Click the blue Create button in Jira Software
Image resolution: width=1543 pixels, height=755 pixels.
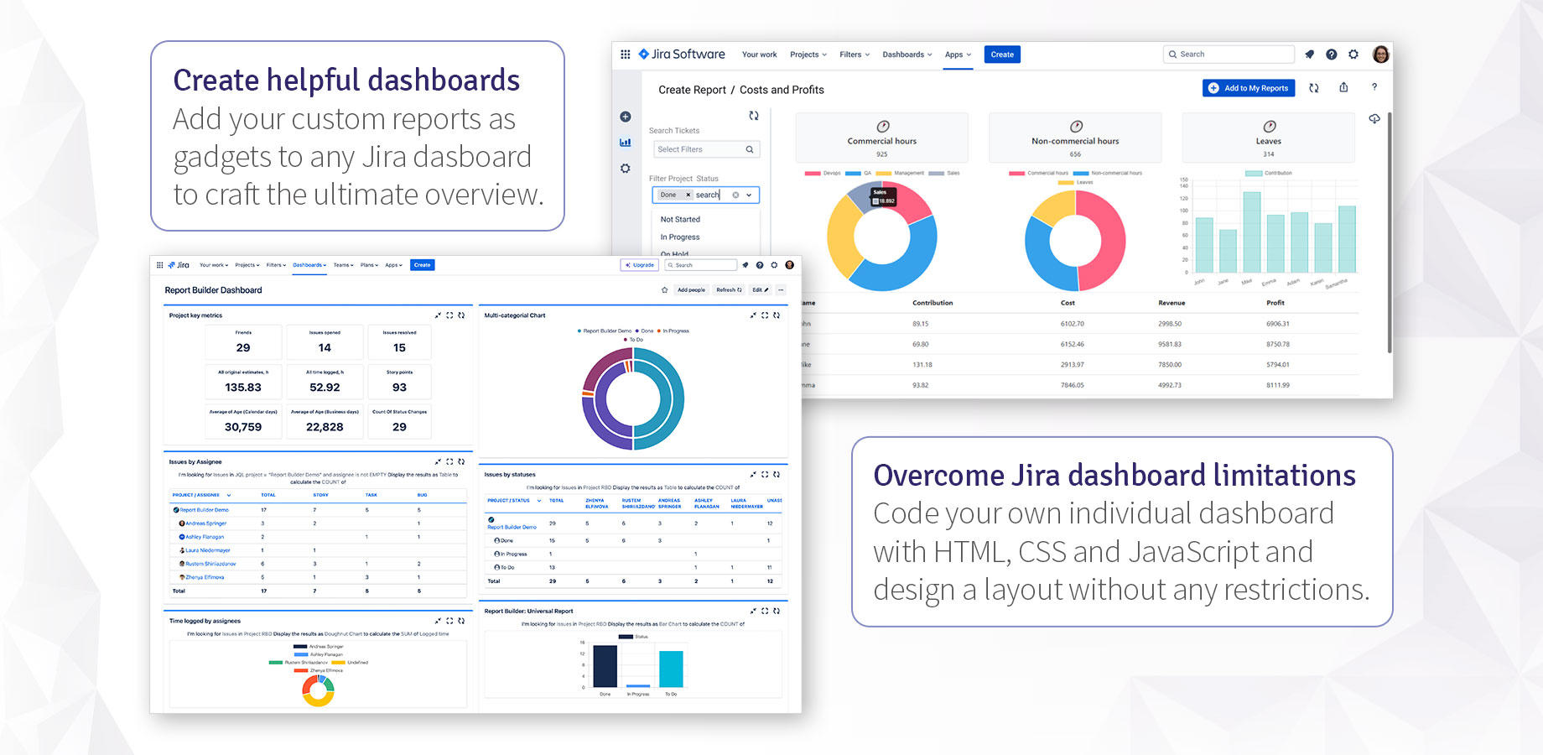click(x=1002, y=55)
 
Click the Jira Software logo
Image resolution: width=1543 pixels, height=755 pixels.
click(x=682, y=55)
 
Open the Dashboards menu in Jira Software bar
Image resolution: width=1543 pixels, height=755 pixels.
click(x=907, y=55)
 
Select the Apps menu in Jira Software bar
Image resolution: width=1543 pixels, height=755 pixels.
click(x=958, y=55)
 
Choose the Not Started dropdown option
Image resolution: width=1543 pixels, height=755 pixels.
click(x=680, y=220)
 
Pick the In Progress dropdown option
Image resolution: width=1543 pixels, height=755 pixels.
click(x=680, y=237)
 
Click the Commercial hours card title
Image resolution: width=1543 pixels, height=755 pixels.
click(x=881, y=141)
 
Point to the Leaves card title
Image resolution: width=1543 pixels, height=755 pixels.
click(x=1268, y=141)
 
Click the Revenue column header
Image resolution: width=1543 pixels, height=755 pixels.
click(x=1172, y=303)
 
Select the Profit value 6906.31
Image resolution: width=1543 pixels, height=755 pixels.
click(x=1277, y=324)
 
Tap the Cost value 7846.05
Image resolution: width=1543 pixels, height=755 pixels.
click(x=1072, y=385)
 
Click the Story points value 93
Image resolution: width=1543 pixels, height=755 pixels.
click(x=399, y=388)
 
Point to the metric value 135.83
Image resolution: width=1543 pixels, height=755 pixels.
click(x=243, y=388)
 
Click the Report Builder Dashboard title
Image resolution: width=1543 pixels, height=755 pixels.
click(x=213, y=290)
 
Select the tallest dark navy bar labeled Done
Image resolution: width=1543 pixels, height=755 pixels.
click(x=605, y=666)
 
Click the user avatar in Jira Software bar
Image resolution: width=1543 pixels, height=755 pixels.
click(x=1380, y=55)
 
